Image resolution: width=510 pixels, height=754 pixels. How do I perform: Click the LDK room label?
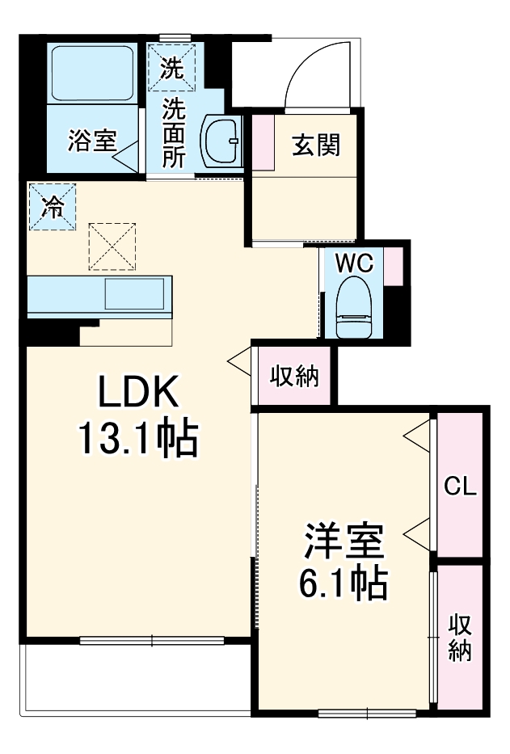coord(137,393)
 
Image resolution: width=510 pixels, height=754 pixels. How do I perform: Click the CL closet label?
coord(460,487)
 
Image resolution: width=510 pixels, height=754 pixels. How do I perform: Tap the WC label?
coord(353,263)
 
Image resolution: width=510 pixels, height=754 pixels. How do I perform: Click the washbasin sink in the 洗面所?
coord(221,141)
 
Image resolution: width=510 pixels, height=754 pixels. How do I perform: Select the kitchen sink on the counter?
coord(136,294)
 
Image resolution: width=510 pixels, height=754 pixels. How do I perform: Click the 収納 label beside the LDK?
coord(293,376)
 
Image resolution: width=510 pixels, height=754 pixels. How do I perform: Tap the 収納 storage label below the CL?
coord(460,638)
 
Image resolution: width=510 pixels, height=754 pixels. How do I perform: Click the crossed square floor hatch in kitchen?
coord(113,246)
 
